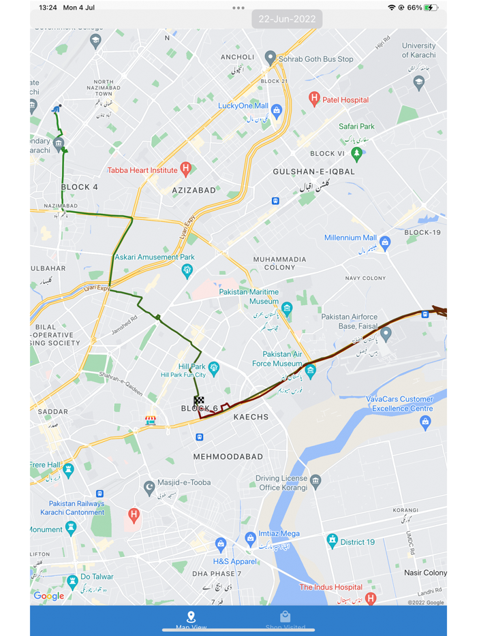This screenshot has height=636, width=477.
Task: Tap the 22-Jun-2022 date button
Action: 286,19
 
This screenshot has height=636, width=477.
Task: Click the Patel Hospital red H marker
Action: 314,99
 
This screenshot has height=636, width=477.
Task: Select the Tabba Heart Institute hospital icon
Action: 185,169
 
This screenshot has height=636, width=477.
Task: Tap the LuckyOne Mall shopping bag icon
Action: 276,112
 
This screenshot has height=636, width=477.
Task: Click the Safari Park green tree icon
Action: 356,152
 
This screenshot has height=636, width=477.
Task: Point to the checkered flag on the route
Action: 199,401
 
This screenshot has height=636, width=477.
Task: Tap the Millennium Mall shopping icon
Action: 385,242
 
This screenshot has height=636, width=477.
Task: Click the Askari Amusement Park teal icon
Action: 187,271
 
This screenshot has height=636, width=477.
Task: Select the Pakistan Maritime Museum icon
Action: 287,308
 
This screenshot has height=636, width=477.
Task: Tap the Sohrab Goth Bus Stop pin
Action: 271,58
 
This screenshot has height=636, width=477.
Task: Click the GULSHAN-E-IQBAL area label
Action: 314,172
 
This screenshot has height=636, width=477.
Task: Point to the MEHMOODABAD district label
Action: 228,456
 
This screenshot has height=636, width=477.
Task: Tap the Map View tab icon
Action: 191,617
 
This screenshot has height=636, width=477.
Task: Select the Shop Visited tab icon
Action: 286,617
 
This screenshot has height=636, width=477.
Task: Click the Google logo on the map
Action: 49,596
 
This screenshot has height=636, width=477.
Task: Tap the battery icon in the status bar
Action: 431,7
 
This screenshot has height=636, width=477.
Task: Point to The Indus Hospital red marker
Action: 370,599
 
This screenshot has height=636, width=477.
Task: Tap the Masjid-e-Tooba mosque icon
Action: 149,487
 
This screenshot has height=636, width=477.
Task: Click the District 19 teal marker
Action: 332,541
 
